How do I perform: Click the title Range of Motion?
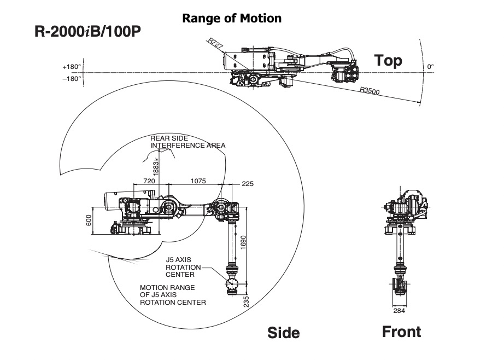coord(232,18)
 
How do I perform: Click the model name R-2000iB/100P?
coord(88,31)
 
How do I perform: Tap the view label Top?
coord(388,60)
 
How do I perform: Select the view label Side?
coord(283,333)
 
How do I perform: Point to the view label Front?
coord(401,332)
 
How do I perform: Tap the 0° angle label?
coord(431,67)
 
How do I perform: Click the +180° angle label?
coord(72,67)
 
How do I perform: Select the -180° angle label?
coord(72,78)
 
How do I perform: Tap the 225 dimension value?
coord(247,184)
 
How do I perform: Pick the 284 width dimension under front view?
coord(400,311)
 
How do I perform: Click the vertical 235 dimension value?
coord(247,301)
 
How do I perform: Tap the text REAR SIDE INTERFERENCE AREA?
coord(187,142)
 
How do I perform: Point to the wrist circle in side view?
coord(232,284)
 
